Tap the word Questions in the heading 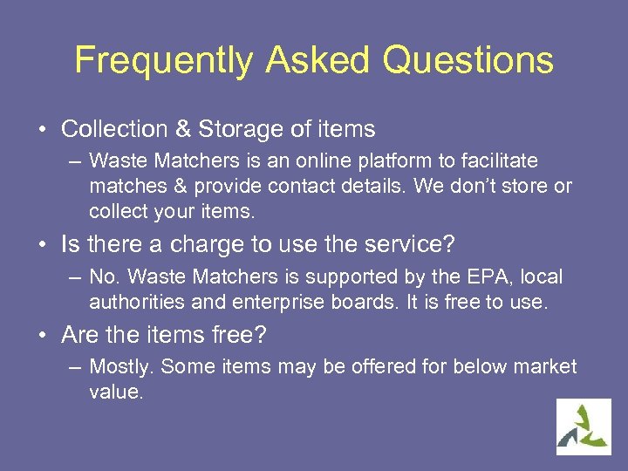click(468, 61)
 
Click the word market click(543, 366)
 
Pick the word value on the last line click(115, 392)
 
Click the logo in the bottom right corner click(584, 427)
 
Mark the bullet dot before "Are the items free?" click(42, 335)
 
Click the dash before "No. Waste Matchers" click(75, 277)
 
